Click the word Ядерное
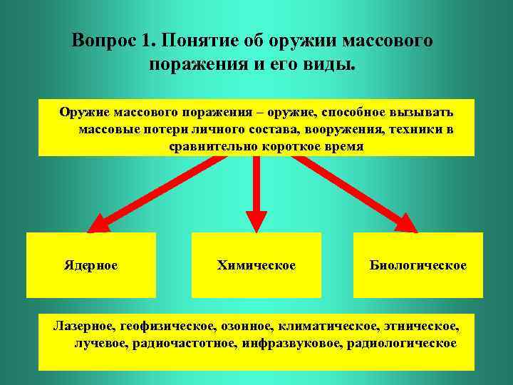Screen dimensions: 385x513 coord(91,265)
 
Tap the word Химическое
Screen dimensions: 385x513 coord(256,265)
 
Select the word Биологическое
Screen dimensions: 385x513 coord(418,265)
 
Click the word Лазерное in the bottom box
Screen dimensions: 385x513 coord(83,327)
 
